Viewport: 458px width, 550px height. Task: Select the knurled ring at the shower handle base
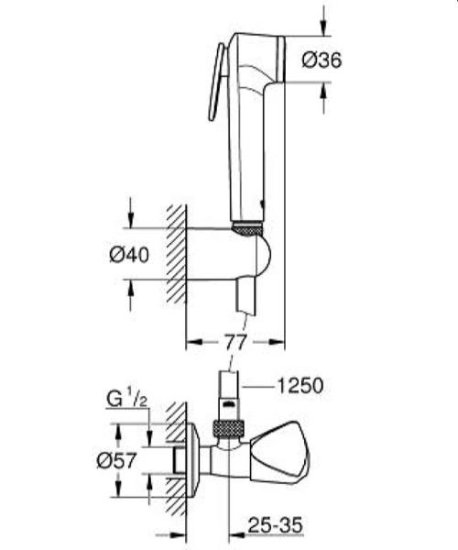point(247,226)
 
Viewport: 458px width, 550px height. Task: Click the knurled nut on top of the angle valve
point(226,427)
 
